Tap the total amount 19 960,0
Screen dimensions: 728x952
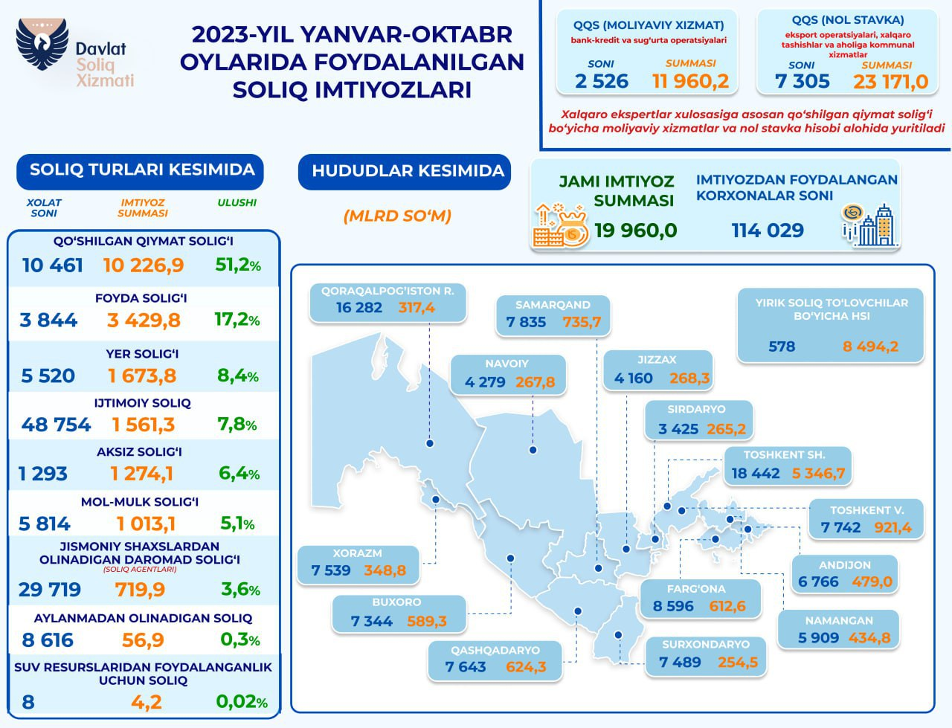click(636, 230)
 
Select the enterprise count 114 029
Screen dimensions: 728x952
click(768, 230)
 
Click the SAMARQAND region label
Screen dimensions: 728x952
click(553, 305)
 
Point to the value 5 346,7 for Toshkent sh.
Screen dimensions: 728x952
click(818, 473)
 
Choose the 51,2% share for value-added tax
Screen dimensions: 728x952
click(237, 265)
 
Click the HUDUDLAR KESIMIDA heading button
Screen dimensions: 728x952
click(408, 171)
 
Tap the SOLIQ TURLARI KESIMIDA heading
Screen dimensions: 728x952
click(141, 170)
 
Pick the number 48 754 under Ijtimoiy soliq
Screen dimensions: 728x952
click(57, 425)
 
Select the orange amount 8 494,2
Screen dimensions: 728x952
click(870, 346)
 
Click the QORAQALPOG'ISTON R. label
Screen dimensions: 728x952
click(387, 291)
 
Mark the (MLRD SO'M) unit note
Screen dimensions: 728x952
click(397, 216)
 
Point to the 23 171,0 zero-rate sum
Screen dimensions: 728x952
click(890, 81)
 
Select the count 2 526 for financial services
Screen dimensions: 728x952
click(602, 81)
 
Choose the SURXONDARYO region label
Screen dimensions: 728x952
click(705, 644)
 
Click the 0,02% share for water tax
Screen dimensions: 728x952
click(242, 701)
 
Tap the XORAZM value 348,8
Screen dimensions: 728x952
click(385, 570)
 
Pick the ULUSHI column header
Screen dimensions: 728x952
click(237, 202)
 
